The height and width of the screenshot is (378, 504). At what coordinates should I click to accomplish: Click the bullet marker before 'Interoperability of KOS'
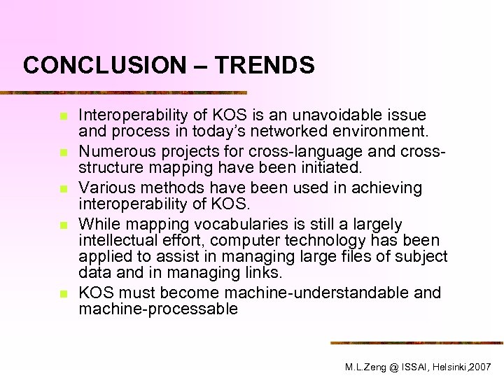62,115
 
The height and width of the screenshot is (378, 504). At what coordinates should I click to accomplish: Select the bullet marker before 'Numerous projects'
62,151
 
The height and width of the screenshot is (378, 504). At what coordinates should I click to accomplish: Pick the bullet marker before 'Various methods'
62,188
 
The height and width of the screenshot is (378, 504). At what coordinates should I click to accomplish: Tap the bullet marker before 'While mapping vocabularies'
62,225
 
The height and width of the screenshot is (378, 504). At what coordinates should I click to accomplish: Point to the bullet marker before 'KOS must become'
62,293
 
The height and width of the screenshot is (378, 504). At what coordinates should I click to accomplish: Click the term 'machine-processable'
158,309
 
